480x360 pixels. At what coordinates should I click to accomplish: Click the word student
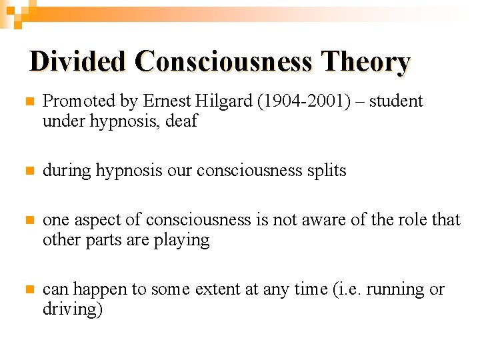click(x=396, y=101)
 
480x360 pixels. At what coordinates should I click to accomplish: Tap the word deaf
click(x=183, y=121)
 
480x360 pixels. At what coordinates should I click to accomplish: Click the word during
click(x=67, y=171)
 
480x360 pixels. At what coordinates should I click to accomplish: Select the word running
click(x=395, y=290)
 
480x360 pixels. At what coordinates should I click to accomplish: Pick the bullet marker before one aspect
click(x=28, y=221)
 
